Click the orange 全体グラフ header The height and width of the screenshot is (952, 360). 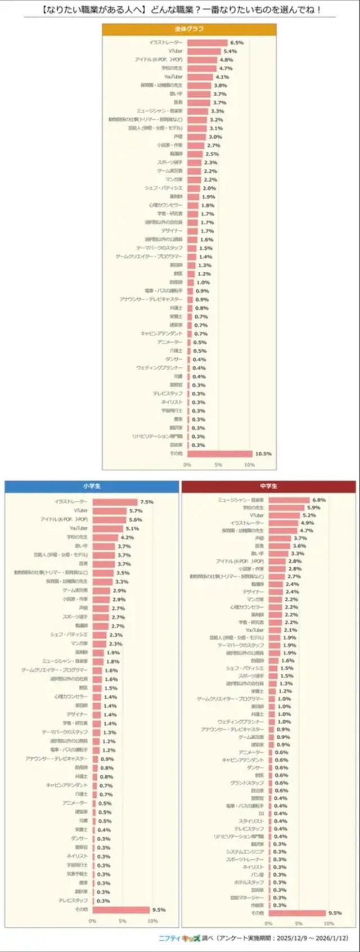point(189,29)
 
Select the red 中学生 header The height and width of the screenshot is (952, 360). point(268,486)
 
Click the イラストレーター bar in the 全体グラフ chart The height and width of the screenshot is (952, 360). point(207,43)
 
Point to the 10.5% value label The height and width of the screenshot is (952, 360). point(263,453)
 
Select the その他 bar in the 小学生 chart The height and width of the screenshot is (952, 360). point(120,910)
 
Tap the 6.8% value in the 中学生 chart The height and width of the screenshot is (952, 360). point(319,500)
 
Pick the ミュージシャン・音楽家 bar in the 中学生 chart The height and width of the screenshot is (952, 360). point(289,500)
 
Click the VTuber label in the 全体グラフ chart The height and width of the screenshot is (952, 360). point(175,51)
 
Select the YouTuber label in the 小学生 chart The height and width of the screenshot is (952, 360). point(79,528)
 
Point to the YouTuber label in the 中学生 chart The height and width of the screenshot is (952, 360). point(254,630)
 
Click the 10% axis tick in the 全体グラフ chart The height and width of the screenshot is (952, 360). point(249,465)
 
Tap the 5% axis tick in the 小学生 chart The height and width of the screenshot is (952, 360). point(122,921)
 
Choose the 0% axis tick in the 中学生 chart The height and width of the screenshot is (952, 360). point(268,923)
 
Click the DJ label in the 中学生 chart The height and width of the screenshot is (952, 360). point(261,814)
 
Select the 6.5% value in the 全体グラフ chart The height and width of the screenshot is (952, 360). point(236,43)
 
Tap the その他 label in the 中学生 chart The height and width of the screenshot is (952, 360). point(257,913)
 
